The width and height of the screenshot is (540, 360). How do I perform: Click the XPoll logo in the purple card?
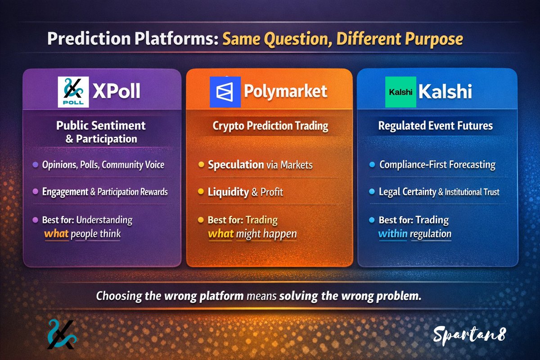[x=73, y=92]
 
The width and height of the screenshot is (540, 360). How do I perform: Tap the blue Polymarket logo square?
[x=225, y=92]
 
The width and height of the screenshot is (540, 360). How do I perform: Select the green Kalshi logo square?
[x=400, y=92]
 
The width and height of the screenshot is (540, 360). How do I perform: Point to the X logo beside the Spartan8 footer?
[x=61, y=335]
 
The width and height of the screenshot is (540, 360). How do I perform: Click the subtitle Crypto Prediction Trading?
[x=270, y=126]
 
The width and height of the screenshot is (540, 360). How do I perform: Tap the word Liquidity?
[x=228, y=192]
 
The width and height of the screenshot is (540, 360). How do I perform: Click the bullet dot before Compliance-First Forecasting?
[x=372, y=165]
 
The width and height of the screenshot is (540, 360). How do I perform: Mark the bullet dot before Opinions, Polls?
[x=35, y=165]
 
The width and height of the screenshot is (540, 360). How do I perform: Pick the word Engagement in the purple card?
[x=65, y=192]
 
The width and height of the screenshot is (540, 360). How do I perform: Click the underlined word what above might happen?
[x=220, y=234]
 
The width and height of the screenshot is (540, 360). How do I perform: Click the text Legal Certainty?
[x=408, y=192]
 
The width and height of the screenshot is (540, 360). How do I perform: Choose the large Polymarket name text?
[x=285, y=92]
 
